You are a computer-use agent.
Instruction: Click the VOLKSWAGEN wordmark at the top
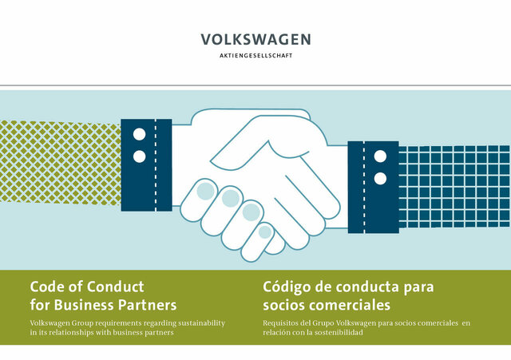(255, 39)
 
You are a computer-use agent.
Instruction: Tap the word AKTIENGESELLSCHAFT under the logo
(255, 56)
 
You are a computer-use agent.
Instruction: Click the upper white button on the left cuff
(140, 134)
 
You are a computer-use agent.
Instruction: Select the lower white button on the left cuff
(140, 156)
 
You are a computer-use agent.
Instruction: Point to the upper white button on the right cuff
(380, 156)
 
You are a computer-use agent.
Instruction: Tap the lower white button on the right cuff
(380, 179)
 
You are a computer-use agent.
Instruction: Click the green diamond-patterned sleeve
(61, 163)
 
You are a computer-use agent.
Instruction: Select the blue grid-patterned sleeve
(454, 187)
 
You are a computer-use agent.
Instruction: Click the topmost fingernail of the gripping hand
(205, 191)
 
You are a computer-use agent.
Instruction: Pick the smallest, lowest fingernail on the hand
(265, 232)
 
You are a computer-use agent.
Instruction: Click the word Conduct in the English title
(115, 287)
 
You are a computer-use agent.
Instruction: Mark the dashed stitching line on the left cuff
(156, 165)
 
